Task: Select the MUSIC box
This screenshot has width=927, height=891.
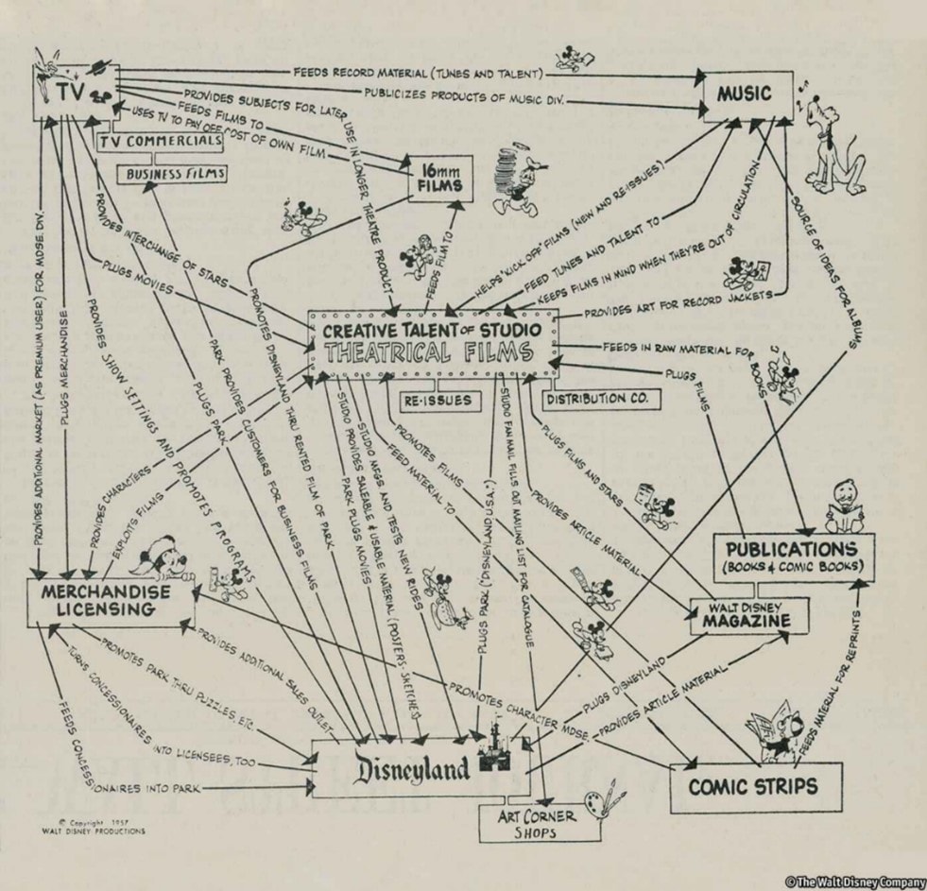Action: click(x=745, y=94)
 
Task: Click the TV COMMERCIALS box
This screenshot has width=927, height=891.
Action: click(x=162, y=142)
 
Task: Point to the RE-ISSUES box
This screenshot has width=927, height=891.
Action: click(x=438, y=400)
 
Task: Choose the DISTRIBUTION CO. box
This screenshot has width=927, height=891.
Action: click(x=596, y=399)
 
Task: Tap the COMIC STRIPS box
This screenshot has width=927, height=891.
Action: click(x=753, y=787)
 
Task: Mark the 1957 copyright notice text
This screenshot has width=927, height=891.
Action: click(x=94, y=827)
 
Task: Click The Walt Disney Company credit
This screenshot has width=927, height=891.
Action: click(x=853, y=882)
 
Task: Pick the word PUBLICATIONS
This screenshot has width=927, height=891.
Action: click(x=792, y=550)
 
